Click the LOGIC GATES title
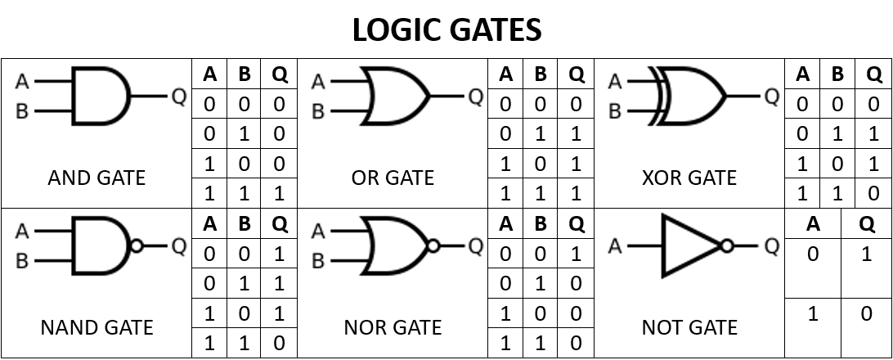[446, 29]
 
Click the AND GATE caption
[96, 178]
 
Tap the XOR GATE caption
[689, 178]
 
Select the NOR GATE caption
[393, 327]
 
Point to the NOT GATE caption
[689, 327]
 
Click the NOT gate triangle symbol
[691, 245]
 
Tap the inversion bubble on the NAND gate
[137, 245]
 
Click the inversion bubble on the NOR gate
[433, 245]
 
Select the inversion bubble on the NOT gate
[727, 245]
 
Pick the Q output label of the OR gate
[476, 97]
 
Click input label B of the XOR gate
[614, 111]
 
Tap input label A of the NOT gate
[614, 246]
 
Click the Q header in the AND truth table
[280, 74]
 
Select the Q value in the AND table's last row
[279, 194]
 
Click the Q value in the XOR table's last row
[874, 194]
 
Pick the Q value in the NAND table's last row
[279, 343]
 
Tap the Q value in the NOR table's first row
[577, 254]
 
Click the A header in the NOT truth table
[813, 224]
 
